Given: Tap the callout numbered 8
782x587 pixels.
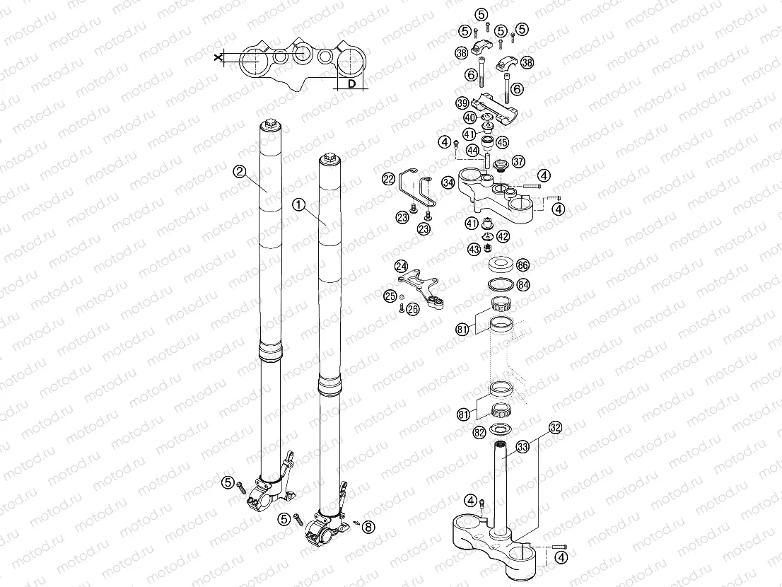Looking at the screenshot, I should tap(371, 525).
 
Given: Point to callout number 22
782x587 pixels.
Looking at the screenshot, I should tap(389, 180).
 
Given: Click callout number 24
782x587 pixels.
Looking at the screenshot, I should tap(401, 266).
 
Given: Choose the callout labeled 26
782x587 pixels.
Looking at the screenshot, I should tap(414, 308).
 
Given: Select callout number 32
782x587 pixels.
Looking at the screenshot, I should tap(556, 428).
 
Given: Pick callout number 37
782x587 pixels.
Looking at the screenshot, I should tap(518, 161).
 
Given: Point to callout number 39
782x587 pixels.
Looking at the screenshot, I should tap(462, 103).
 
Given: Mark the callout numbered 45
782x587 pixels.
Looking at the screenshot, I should tap(502, 142).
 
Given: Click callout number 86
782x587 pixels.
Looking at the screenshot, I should tap(523, 265).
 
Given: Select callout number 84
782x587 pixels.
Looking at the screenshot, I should tap(523, 285).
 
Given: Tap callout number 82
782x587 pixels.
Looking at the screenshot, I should tap(479, 431).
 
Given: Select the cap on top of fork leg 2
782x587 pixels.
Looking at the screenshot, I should tap(270, 127).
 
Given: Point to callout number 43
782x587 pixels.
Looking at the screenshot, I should tap(473, 249).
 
